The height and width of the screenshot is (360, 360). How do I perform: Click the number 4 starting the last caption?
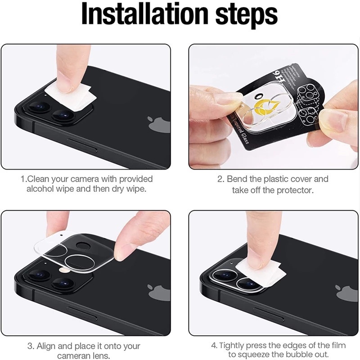click(x=214, y=346)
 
